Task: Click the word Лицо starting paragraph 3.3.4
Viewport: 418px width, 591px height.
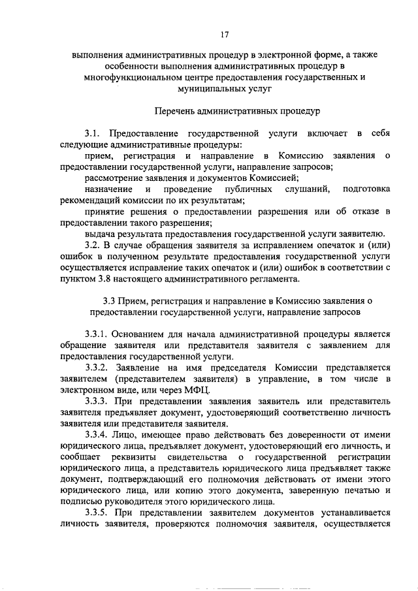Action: (128, 435)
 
